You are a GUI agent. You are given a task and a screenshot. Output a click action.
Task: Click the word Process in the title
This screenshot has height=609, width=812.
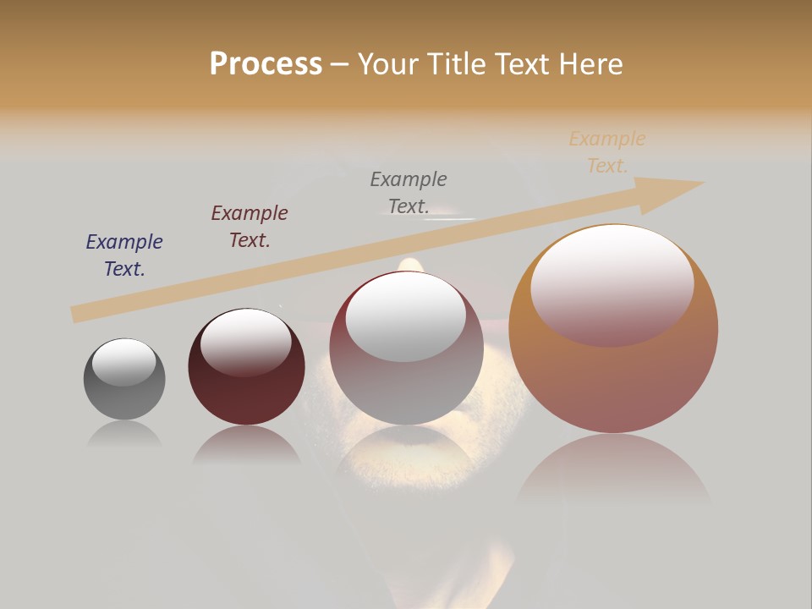(266, 63)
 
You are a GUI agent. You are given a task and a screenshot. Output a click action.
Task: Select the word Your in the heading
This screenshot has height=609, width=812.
(388, 64)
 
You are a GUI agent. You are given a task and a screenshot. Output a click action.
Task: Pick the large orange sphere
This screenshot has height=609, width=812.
(613, 372)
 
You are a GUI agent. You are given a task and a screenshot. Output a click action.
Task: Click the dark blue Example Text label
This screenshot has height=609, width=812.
(124, 255)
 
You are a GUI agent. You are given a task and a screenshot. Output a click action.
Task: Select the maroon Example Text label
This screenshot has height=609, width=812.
(250, 227)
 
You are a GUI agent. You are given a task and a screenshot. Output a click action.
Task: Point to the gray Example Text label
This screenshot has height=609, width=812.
(409, 192)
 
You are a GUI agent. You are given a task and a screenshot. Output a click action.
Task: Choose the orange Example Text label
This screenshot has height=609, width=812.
(607, 152)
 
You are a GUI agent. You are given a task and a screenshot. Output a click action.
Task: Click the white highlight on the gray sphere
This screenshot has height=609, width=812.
(124, 362)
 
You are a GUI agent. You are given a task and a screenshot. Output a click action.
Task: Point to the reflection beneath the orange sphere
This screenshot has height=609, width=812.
(613, 469)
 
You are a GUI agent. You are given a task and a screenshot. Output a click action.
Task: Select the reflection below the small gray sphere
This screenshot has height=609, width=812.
(124, 433)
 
